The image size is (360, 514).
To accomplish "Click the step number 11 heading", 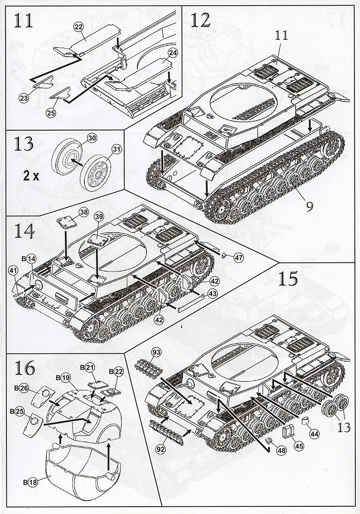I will [23, 20].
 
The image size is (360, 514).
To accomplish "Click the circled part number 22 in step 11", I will [78, 27].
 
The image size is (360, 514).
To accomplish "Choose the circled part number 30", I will [92, 138].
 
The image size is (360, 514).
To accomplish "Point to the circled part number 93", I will [156, 352].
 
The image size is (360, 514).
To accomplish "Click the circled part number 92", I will [161, 449].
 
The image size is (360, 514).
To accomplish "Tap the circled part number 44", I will [315, 433].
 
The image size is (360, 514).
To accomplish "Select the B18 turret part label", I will [31, 481].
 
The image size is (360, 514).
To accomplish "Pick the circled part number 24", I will [173, 53].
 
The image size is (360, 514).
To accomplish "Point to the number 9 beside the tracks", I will [309, 206].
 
